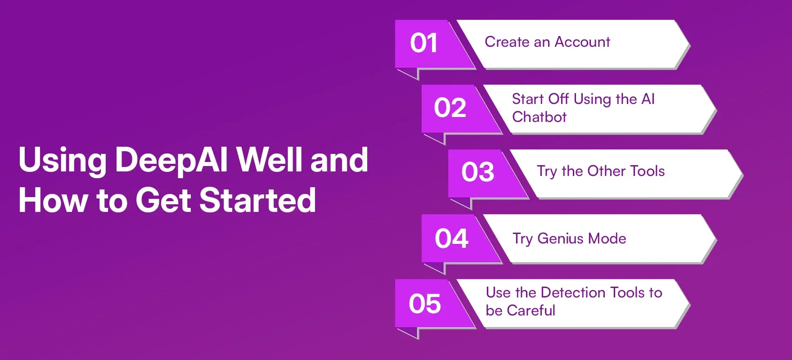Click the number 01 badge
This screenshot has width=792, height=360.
pos(423,44)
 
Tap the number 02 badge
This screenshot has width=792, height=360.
pos(450,108)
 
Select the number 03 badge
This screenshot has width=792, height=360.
pos(477,172)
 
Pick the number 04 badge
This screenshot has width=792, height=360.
pos(451,238)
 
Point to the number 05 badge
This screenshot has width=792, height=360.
pos(424,304)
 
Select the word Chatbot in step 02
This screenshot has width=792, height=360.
pos(539,117)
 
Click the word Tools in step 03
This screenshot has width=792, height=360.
pos(647,171)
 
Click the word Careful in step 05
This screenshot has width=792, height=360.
pos(531,310)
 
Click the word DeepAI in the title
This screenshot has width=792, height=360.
pos(171,160)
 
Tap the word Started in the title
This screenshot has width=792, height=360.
pos(257,200)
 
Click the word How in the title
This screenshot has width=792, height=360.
pos(53,200)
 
